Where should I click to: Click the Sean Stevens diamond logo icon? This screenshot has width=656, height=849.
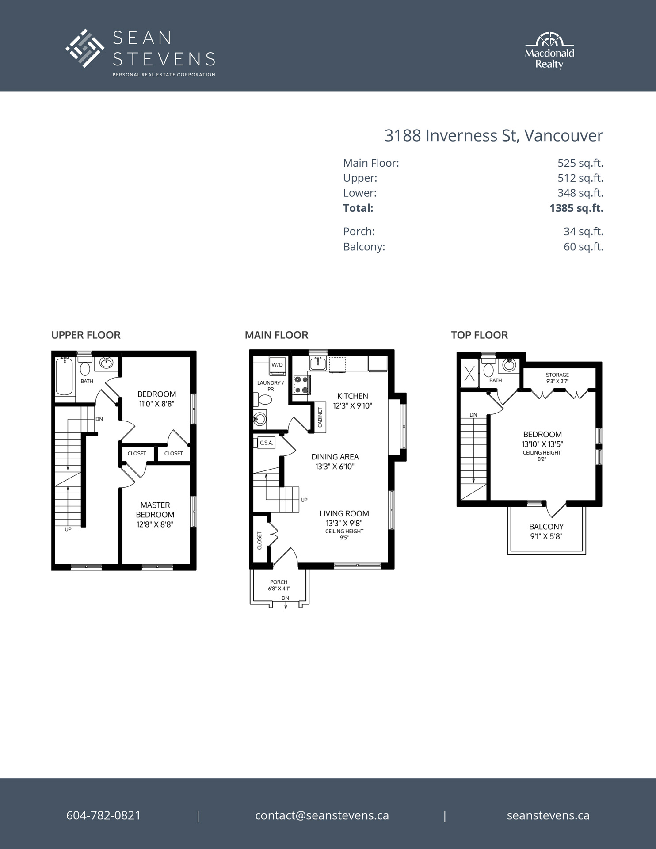pyautogui.click(x=85, y=48)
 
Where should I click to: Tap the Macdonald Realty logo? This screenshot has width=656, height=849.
pyautogui.click(x=549, y=51)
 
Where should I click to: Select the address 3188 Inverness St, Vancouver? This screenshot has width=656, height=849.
pyautogui.click(x=494, y=135)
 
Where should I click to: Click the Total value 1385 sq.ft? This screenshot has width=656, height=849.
pyautogui.click(x=576, y=208)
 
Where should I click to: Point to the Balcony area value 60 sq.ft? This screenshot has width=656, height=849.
pyautogui.click(x=584, y=246)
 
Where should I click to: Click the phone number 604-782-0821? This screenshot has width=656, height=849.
pyautogui.click(x=103, y=815)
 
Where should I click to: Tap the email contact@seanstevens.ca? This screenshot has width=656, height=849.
pyautogui.click(x=322, y=815)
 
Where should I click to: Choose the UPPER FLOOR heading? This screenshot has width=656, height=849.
pyautogui.click(x=86, y=335)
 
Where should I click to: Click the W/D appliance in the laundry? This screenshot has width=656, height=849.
pyautogui.click(x=277, y=366)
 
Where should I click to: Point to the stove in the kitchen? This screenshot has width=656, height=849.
pyautogui.click(x=301, y=384)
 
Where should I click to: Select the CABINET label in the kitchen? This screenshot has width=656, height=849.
pyautogui.click(x=320, y=417)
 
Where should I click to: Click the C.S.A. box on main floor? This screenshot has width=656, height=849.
pyautogui.click(x=266, y=442)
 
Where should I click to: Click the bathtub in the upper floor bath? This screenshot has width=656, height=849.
pyautogui.click(x=65, y=376)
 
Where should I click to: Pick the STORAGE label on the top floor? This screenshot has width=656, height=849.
pyautogui.click(x=557, y=375)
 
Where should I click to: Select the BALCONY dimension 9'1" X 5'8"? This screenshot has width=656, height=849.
pyautogui.click(x=546, y=536)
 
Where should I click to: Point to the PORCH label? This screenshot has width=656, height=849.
pyautogui.click(x=278, y=582)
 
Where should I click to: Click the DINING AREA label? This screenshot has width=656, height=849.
pyautogui.click(x=335, y=457)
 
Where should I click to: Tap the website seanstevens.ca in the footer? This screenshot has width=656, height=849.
pyautogui.click(x=548, y=815)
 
